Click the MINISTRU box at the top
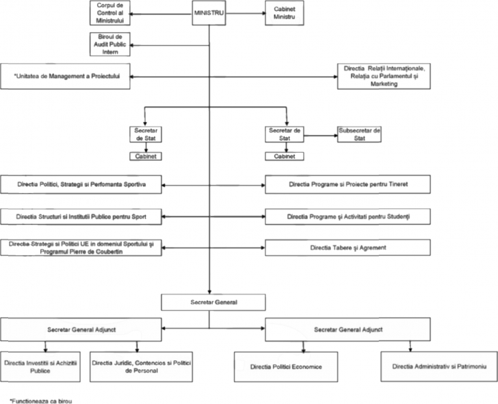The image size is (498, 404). (x=209, y=12)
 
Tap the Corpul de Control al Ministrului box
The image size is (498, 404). (x=109, y=12)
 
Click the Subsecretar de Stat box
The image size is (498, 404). (x=359, y=134)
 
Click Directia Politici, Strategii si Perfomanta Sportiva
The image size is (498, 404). (x=82, y=184)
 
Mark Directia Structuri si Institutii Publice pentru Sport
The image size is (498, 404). (x=82, y=216)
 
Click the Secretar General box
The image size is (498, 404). (x=209, y=301)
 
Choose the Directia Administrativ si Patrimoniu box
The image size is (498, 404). (x=435, y=368)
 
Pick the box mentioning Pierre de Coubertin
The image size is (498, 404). (x=82, y=247)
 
